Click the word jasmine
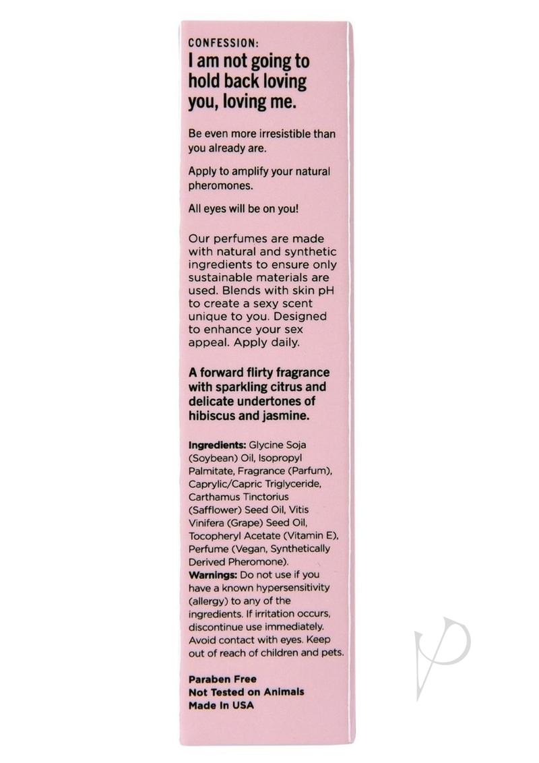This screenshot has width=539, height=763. tap(285, 417)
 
